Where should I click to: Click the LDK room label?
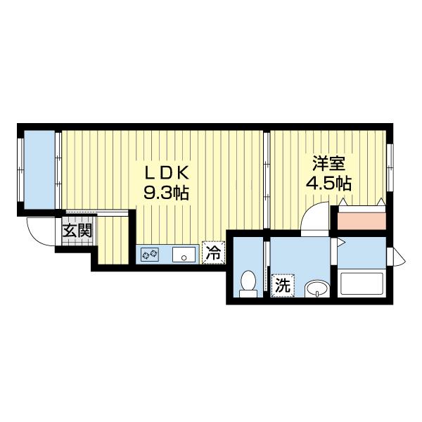(167, 173)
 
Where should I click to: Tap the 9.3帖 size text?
(167, 192)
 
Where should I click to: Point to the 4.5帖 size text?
(328, 184)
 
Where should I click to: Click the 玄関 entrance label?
(75, 230)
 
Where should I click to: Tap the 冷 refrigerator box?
(212, 253)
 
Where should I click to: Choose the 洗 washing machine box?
(282, 286)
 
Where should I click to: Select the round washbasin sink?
(318, 288)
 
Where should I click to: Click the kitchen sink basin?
(184, 255)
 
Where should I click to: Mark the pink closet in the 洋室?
(362, 219)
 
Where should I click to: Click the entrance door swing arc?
(39, 232)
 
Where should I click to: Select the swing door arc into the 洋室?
(314, 216)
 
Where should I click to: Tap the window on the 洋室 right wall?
(389, 167)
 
